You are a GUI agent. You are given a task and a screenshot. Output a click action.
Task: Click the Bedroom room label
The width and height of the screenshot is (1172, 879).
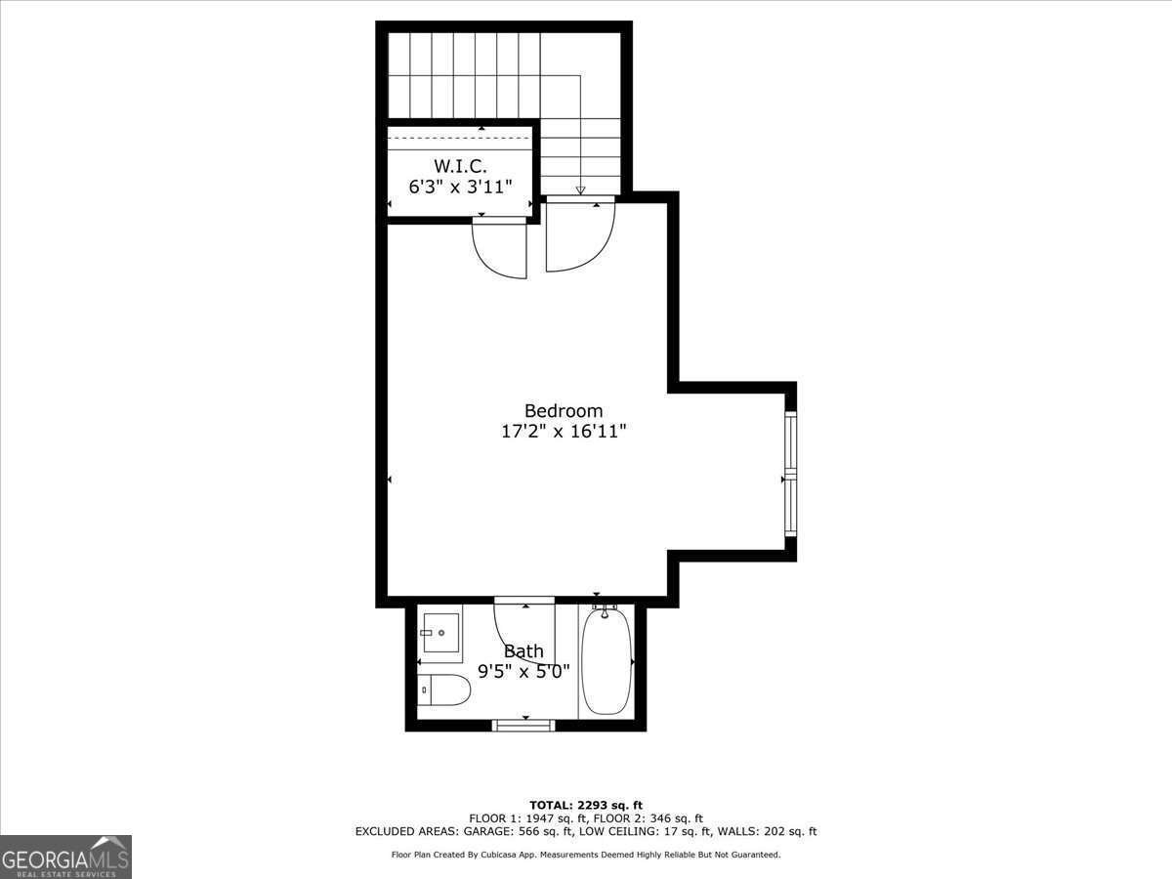564,411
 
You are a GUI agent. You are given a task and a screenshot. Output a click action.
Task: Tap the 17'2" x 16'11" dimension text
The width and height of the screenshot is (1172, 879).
564,432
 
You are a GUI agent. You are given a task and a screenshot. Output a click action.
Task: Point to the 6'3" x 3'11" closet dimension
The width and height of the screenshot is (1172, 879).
459,186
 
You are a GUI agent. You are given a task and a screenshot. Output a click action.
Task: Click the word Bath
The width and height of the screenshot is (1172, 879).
523,651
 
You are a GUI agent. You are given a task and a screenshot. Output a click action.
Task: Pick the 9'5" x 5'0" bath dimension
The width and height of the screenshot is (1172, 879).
523,672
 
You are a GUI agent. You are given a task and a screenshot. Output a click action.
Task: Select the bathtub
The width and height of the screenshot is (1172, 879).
606,661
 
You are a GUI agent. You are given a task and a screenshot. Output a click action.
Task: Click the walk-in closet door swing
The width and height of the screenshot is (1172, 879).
500,249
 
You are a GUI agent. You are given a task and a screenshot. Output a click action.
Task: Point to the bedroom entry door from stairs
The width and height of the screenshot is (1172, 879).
578,234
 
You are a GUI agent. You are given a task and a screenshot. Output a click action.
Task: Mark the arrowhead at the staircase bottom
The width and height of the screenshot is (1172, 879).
580,190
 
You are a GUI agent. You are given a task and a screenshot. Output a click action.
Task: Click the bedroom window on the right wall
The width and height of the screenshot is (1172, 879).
790,475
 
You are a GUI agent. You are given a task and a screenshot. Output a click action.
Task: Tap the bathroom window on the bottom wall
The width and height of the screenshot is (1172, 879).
523,725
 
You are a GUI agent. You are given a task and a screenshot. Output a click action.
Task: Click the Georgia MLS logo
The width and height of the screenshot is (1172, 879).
66,857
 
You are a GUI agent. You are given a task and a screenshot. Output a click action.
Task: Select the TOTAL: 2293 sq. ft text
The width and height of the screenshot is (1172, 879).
586,805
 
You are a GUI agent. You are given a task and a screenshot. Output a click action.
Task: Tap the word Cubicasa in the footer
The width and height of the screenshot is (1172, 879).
501,855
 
